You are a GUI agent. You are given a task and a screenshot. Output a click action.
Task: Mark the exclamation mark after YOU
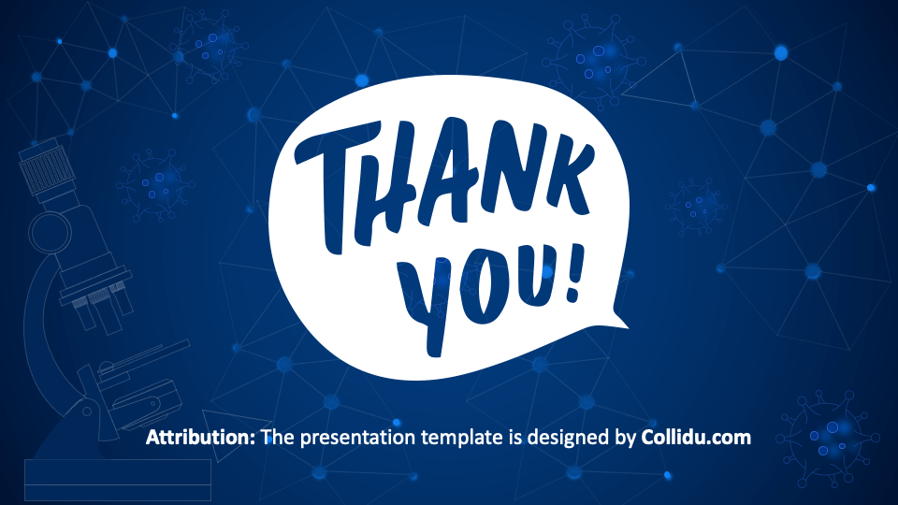click(572, 271)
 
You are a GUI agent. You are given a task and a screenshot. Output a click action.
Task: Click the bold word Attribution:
click(201, 437)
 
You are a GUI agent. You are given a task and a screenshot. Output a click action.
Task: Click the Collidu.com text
click(696, 437)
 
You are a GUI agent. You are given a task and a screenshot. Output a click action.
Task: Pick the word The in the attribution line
click(277, 437)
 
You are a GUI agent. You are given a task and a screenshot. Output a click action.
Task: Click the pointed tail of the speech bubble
click(618, 322)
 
